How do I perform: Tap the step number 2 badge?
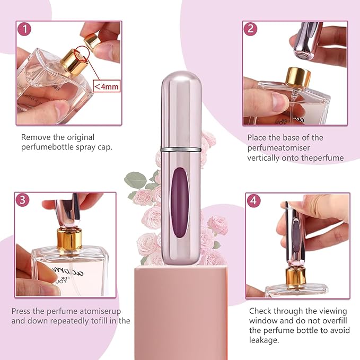coord(250,29)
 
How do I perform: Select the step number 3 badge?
coord(23,200)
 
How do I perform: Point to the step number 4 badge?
coord(253,200)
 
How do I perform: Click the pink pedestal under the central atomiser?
coord(181,313)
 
